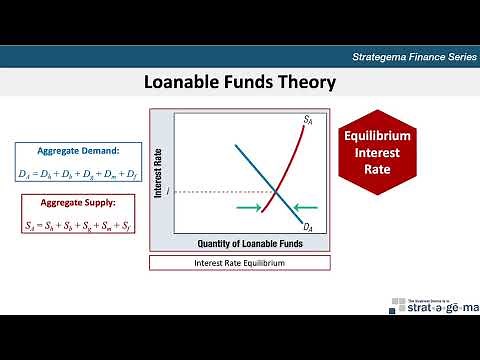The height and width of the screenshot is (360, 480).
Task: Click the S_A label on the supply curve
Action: (x=309, y=120)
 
